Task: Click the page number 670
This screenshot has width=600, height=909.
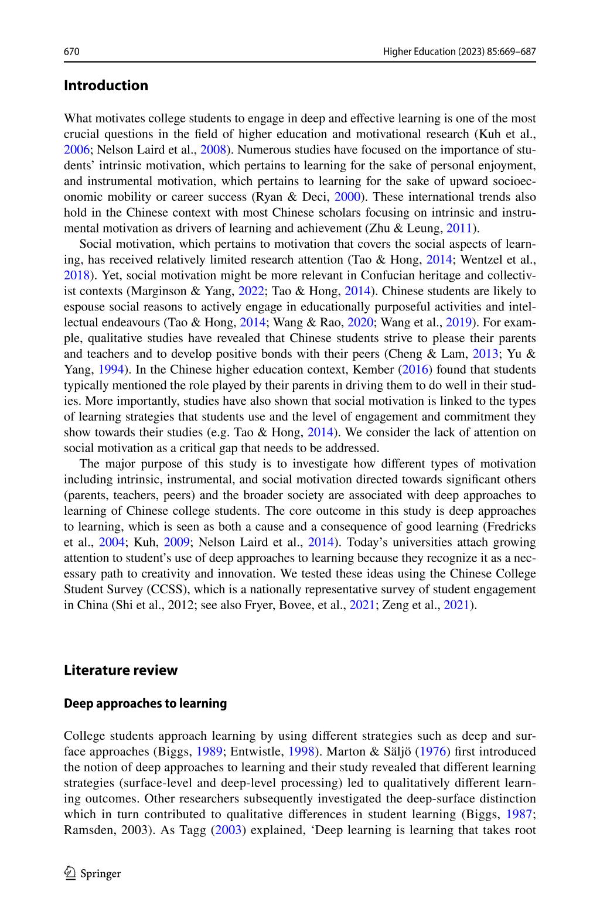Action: tap(71, 52)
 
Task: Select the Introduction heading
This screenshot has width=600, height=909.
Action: tap(106, 86)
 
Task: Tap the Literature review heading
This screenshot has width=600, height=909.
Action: tap(121, 670)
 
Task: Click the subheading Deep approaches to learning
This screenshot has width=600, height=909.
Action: tap(145, 703)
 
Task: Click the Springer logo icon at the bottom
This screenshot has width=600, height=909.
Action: tap(70, 874)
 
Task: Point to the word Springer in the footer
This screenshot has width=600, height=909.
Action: tap(100, 874)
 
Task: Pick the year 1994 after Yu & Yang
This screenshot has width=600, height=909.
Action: tap(110, 370)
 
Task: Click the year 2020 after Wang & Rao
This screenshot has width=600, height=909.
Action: tap(360, 323)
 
